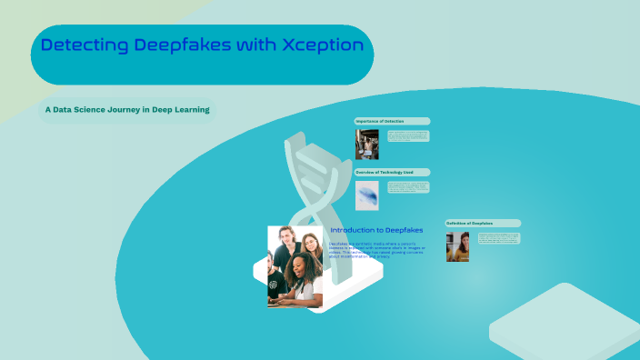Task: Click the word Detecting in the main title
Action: (85, 45)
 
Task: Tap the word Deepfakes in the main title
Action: (180, 45)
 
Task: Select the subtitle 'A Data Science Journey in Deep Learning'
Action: (127, 110)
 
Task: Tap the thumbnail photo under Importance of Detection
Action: (366, 144)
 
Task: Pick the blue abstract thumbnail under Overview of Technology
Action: (366, 195)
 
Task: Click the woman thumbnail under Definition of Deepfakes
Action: (457, 246)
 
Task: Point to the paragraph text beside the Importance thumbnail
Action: (407, 135)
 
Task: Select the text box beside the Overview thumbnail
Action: (407, 187)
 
